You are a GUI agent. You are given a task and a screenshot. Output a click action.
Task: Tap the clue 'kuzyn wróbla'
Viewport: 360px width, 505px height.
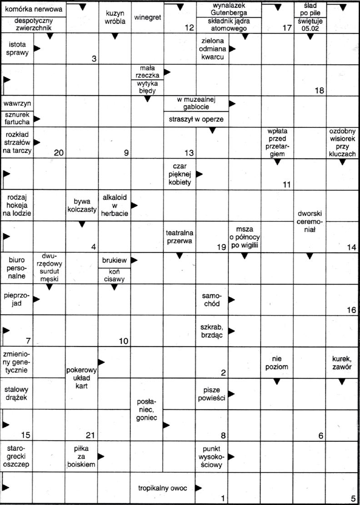tap(115, 18)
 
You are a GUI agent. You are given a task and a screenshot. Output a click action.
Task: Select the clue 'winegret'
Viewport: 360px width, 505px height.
tap(147, 18)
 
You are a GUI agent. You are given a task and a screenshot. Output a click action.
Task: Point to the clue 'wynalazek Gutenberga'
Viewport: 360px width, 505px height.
tap(229, 9)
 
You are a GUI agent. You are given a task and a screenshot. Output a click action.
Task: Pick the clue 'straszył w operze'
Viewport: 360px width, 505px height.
tap(196, 119)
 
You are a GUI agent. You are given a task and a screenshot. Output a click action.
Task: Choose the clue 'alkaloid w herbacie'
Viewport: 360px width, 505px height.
tap(115, 206)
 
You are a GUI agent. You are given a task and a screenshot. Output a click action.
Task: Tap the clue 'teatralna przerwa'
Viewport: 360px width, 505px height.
tap(180, 238)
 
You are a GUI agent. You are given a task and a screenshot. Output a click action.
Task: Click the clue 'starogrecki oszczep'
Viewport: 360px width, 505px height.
tap(16, 456)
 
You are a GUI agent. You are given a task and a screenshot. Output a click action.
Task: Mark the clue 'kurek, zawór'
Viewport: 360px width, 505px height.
tap(343, 364)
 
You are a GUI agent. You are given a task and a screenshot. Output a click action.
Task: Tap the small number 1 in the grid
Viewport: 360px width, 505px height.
tap(222, 499)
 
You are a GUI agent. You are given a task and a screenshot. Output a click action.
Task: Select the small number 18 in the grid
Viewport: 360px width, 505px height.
tap(319, 90)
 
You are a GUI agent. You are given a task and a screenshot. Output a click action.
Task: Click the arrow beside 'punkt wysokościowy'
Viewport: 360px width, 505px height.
tap(232, 456)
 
